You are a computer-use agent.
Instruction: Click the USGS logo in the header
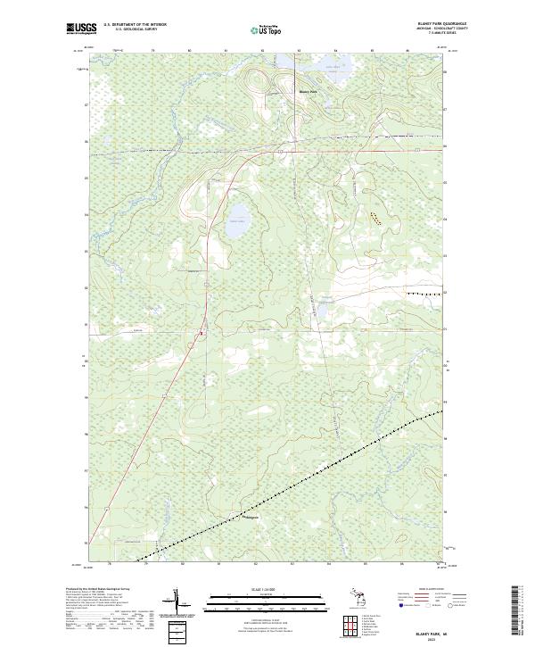(82, 29)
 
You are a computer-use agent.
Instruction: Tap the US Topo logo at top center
(267, 29)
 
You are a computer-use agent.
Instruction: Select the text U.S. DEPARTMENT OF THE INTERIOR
(136, 25)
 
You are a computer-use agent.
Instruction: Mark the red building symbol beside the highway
(202, 334)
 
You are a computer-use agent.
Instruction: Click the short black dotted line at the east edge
(424, 293)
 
